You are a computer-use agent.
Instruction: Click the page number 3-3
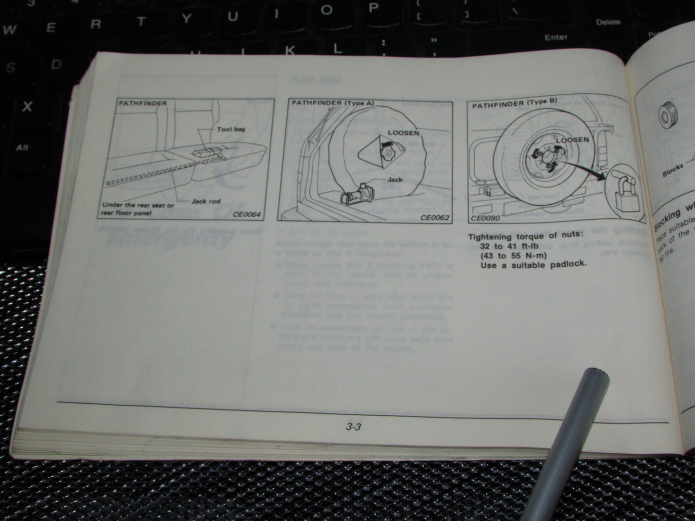(x=353, y=426)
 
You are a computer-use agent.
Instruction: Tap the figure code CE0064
(x=249, y=214)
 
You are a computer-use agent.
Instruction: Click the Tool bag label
(x=231, y=129)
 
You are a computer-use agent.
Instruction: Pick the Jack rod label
(x=206, y=201)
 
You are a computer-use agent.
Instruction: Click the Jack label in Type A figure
(x=395, y=180)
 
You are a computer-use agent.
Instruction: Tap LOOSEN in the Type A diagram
(x=403, y=132)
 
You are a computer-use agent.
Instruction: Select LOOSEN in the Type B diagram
(x=572, y=139)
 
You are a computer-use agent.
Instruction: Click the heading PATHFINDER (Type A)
(x=332, y=103)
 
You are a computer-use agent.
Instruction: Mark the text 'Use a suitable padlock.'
(x=533, y=264)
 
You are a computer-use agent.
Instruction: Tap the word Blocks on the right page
(x=672, y=171)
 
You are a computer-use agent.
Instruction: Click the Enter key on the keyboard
(x=556, y=37)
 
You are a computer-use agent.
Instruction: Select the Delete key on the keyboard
(x=608, y=22)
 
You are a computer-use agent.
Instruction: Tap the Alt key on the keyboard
(x=22, y=148)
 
